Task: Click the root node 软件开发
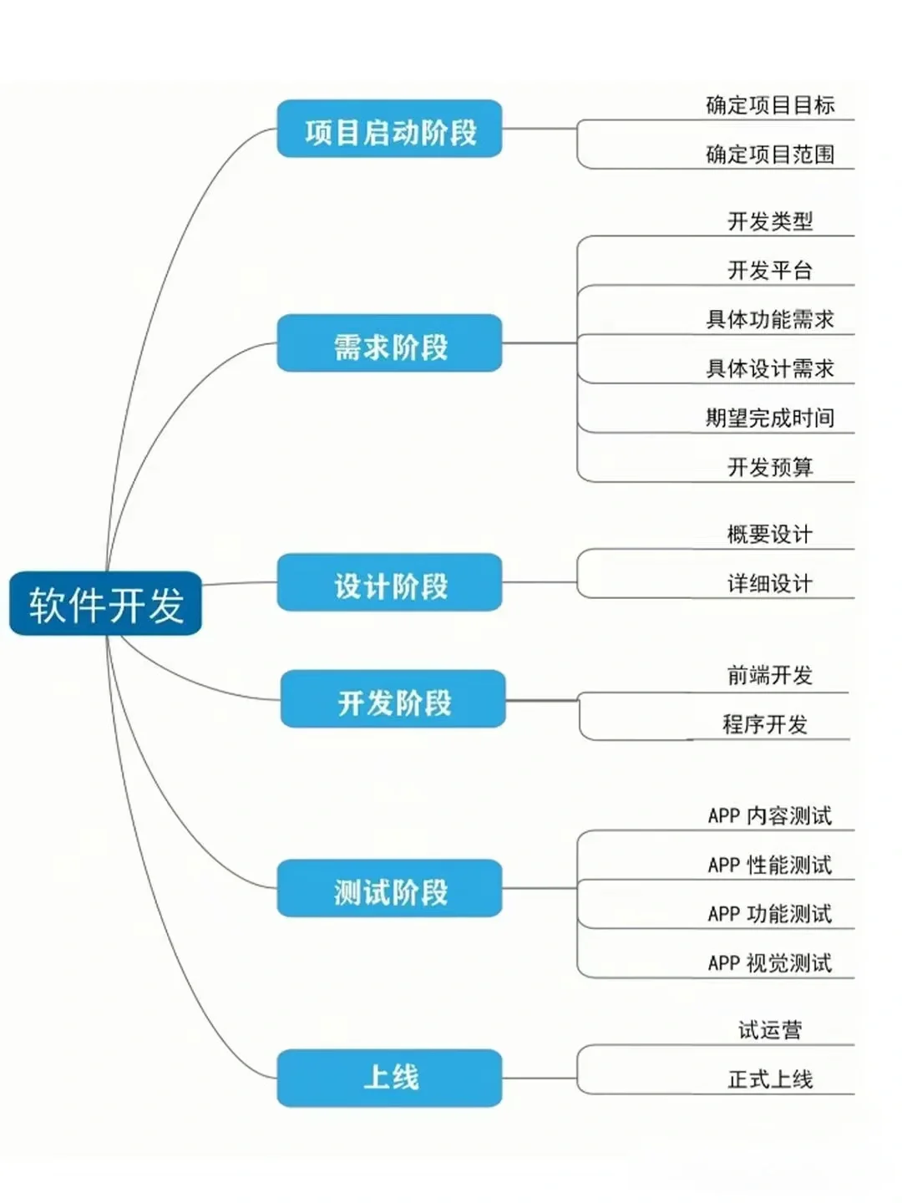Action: pyautogui.click(x=106, y=604)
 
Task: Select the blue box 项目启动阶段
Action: pyautogui.click(x=389, y=129)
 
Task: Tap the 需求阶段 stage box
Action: pyautogui.click(x=389, y=344)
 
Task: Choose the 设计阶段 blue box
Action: pyautogui.click(x=389, y=583)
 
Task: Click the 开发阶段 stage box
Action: pyautogui.click(x=393, y=699)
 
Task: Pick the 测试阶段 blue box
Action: pyautogui.click(x=389, y=889)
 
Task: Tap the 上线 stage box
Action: pyautogui.click(x=389, y=1079)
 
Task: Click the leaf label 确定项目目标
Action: pyautogui.click(x=769, y=105)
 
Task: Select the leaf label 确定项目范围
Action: pyautogui.click(x=769, y=155)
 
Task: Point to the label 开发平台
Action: pyautogui.click(x=769, y=270)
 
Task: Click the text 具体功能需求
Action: pyautogui.click(x=769, y=319)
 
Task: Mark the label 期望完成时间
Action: pyautogui.click(x=769, y=418)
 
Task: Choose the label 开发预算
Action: pyautogui.click(x=769, y=467)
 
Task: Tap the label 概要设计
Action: pyautogui.click(x=769, y=534)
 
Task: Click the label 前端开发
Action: pyautogui.click(x=769, y=675)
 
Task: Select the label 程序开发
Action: pyautogui.click(x=765, y=724)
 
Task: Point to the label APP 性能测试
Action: pyautogui.click(x=769, y=865)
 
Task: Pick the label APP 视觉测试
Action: pyautogui.click(x=769, y=963)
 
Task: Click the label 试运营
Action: pyautogui.click(x=769, y=1030)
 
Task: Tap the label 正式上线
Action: pyautogui.click(x=769, y=1079)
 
